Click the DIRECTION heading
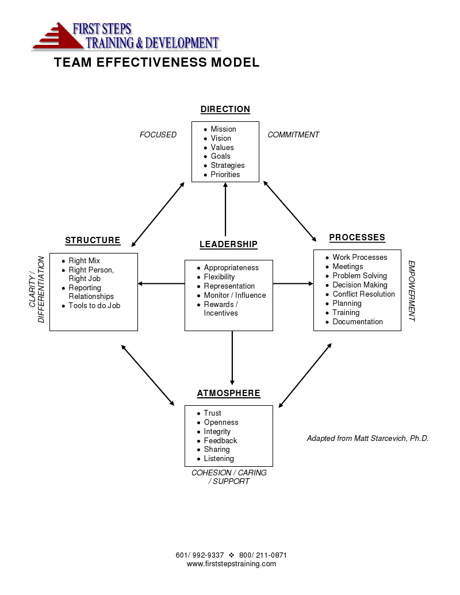225,109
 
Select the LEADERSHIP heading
228,244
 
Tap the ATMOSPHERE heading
228,393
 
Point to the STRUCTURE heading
93,240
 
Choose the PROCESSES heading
357,237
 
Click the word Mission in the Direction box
223,129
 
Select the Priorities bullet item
225,174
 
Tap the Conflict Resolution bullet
363,294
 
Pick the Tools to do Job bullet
94,306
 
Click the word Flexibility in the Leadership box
219,277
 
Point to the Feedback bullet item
220,440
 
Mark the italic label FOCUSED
158,135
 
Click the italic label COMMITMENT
293,135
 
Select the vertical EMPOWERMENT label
412,291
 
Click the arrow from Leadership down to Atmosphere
232,356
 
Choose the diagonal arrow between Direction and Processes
290,211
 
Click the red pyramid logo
57,36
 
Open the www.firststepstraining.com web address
231,564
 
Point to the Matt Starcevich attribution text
367,438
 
